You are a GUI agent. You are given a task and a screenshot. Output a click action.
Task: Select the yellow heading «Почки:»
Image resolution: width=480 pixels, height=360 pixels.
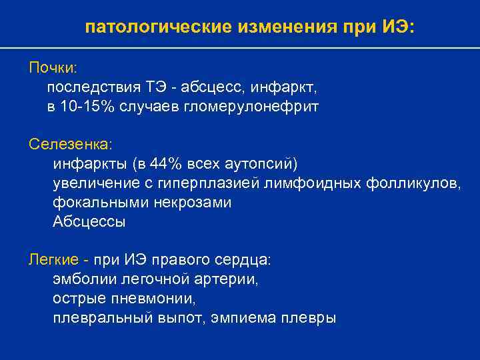tap(53, 69)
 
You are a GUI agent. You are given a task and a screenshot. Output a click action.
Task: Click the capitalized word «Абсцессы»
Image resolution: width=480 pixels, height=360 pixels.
tap(89, 221)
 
